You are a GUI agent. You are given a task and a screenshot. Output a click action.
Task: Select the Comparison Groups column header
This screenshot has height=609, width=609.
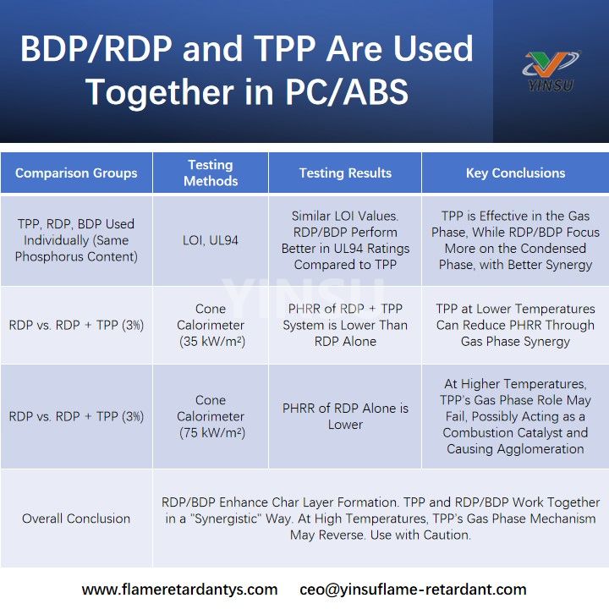pos(76,173)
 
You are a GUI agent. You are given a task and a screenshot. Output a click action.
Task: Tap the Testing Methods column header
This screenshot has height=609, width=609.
pos(211,173)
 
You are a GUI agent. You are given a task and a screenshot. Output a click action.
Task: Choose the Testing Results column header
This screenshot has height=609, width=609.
pos(345,173)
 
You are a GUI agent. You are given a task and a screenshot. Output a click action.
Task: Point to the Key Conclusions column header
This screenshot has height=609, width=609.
pos(515,173)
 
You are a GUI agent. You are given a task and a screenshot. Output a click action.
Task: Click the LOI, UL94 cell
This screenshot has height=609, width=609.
pos(211,240)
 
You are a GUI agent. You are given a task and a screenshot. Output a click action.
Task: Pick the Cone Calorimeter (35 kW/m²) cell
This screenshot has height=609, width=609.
pos(211,326)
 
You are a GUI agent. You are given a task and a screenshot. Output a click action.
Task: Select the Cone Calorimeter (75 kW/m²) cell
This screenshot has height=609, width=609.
pos(211,416)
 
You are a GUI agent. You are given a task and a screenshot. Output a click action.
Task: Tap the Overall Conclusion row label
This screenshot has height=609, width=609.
pos(76,518)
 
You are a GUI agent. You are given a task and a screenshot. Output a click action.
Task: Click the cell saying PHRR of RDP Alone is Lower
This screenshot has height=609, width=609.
pos(345,416)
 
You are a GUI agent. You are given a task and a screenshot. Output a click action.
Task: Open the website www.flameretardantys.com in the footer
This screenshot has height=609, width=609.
pos(179,589)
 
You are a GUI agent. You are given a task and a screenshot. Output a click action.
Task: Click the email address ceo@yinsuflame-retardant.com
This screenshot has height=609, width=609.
pos(413,589)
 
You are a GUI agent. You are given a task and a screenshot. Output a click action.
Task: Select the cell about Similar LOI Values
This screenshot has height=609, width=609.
pos(345,240)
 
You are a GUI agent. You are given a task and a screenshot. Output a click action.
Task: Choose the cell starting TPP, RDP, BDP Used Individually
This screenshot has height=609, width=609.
pos(76,240)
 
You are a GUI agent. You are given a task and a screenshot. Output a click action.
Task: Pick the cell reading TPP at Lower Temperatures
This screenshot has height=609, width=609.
pos(515,326)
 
